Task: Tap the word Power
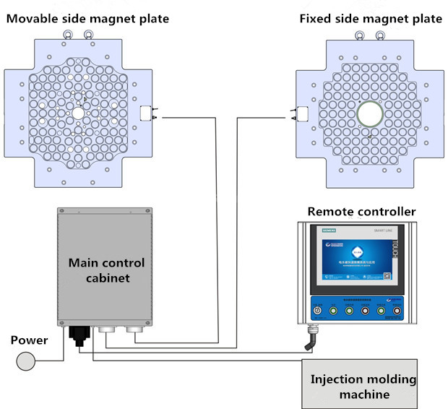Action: click(x=29, y=339)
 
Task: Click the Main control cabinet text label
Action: click(x=106, y=270)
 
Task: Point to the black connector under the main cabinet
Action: click(x=77, y=335)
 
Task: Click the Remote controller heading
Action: click(x=361, y=211)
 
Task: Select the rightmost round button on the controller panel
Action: click(x=396, y=312)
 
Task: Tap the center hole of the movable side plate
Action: click(x=77, y=113)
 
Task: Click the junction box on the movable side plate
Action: click(x=146, y=113)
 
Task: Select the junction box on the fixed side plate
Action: click(x=301, y=113)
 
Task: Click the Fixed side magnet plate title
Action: click(x=370, y=18)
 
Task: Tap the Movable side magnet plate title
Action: click(x=87, y=18)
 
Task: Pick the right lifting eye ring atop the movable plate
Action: click(x=89, y=33)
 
